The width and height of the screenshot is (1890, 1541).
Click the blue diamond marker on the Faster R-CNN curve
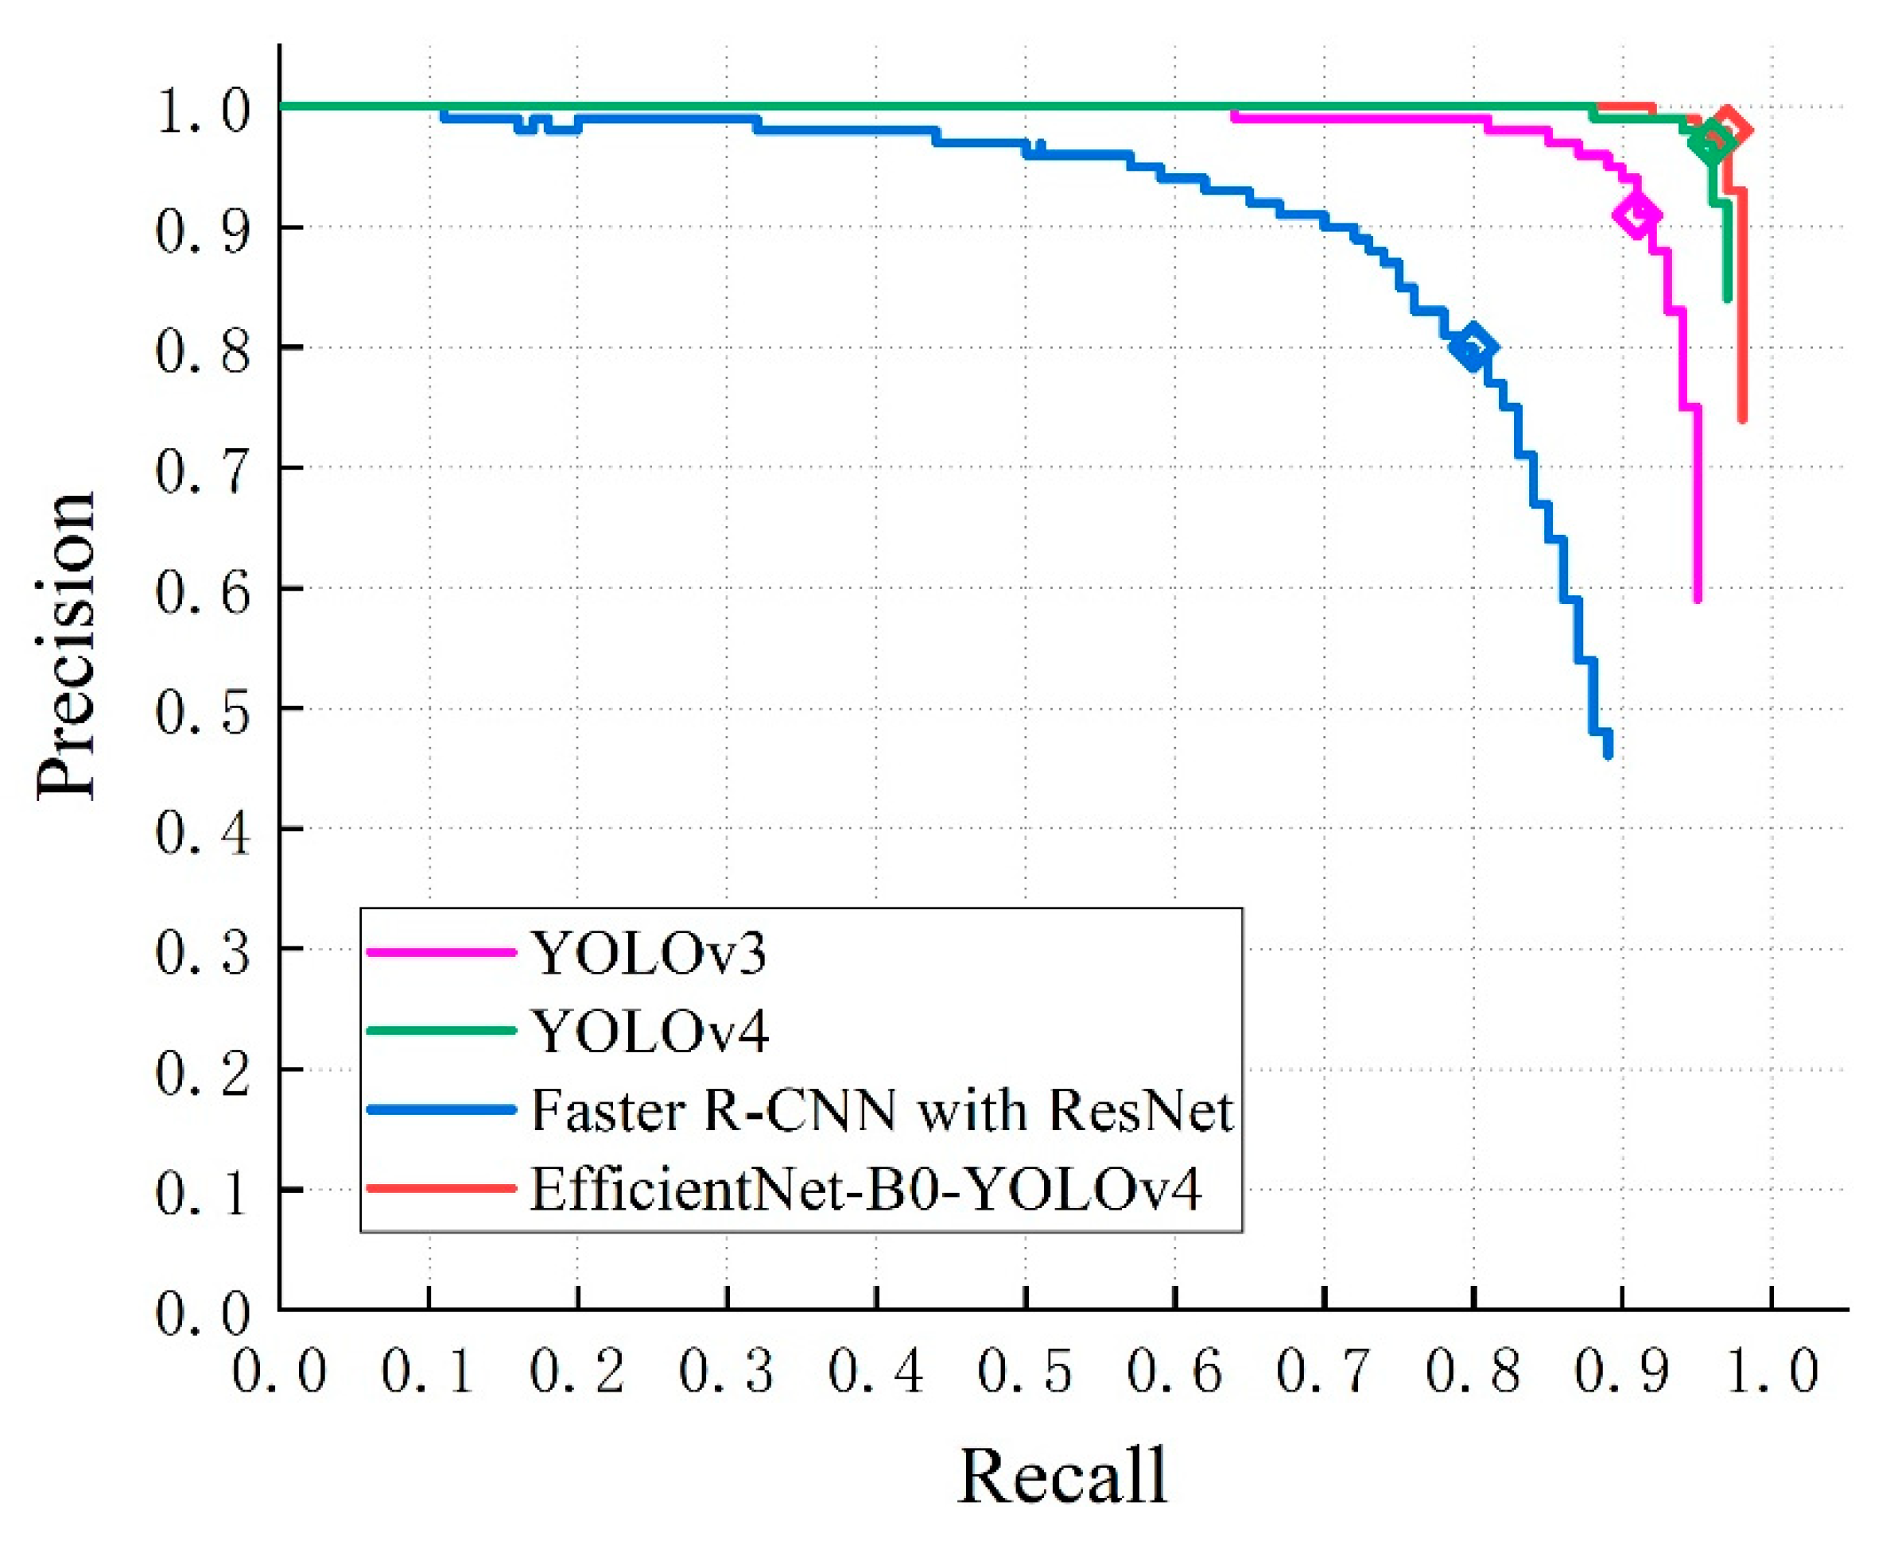point(1473,347)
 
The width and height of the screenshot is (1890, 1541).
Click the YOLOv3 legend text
point(648,954)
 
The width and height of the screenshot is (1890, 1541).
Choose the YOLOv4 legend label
point(650,1032)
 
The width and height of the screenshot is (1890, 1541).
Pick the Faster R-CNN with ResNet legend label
point(882,1110)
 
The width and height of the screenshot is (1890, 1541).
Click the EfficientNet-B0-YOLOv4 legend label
point(866,1189)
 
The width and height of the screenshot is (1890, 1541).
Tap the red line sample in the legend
point(441,1187)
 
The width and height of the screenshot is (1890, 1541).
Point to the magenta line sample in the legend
point(441,951)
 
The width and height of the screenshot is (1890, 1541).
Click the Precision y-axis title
point(67,646)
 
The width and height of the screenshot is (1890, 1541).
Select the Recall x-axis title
point(1062,1475)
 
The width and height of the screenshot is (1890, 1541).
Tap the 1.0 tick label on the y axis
point(203,112)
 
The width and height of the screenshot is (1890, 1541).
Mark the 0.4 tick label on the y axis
point(203,833)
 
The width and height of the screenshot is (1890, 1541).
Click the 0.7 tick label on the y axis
point(203,472)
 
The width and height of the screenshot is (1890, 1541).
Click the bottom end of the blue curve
point(1608,753)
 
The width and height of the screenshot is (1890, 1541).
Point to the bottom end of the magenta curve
point(1698,598)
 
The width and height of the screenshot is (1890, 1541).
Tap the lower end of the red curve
point(1743,418)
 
